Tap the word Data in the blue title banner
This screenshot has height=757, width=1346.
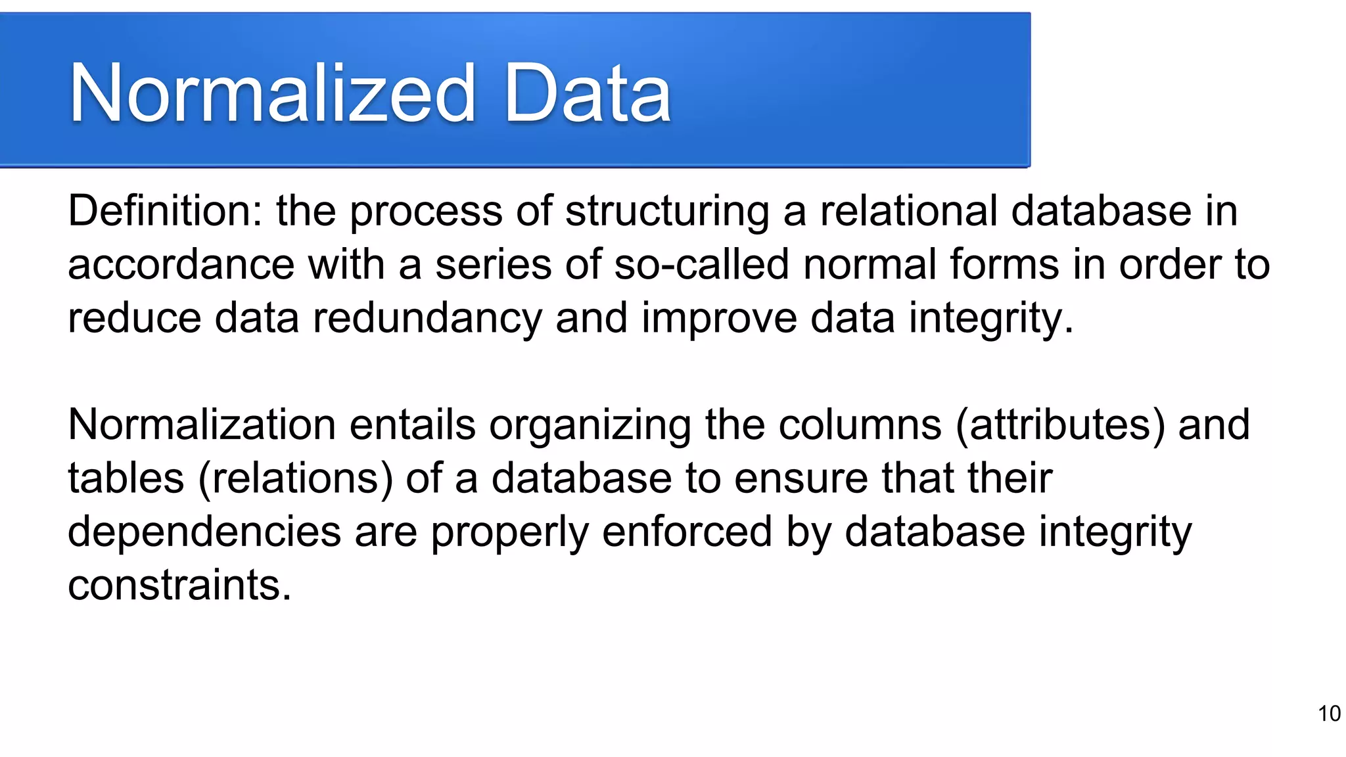pos(587,93)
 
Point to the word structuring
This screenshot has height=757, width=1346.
pos(667,212)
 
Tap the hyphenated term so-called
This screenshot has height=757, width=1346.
pos(701,264)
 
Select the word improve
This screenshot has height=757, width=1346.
pos(719,319)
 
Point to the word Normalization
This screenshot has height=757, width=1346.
pos(202,424)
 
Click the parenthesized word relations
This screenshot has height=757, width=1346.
pos(296,478)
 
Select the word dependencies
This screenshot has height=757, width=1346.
pos(204,532)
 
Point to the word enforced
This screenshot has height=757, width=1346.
pos(687,532)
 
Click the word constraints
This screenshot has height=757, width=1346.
pos(179,585)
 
